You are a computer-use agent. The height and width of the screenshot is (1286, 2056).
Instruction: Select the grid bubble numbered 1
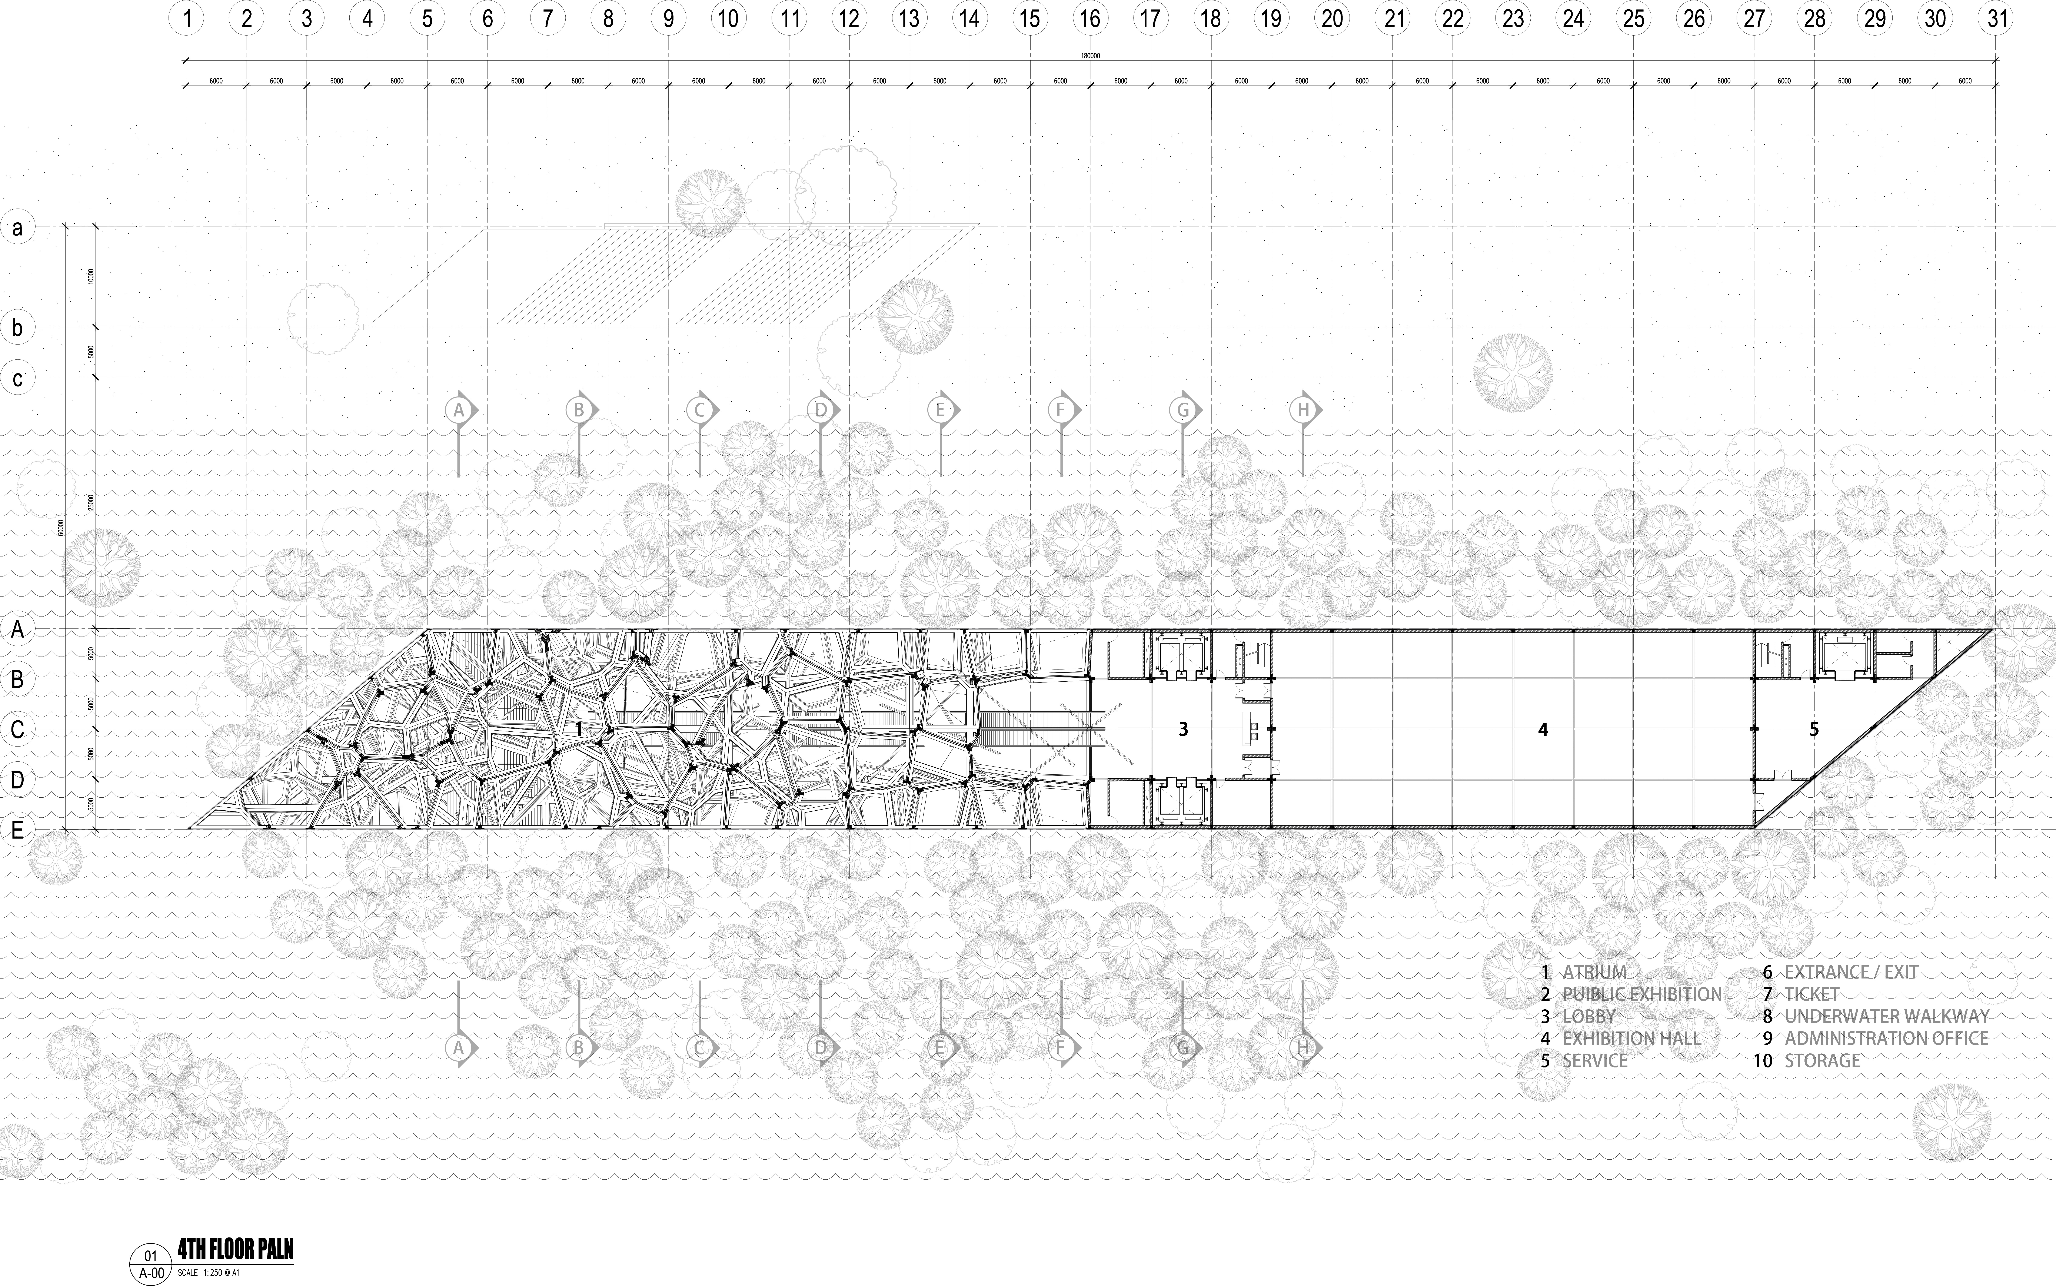186,18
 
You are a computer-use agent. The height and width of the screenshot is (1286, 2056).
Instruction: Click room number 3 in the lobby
1183,729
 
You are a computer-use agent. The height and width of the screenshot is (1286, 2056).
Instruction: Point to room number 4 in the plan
1543,729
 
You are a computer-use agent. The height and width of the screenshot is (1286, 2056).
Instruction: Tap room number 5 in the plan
1814,729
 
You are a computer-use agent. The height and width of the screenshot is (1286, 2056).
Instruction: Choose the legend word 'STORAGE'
1822,1061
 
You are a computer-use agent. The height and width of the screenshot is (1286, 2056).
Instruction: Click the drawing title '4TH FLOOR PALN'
236,1249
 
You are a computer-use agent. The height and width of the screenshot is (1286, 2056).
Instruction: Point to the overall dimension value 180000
1090,56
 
